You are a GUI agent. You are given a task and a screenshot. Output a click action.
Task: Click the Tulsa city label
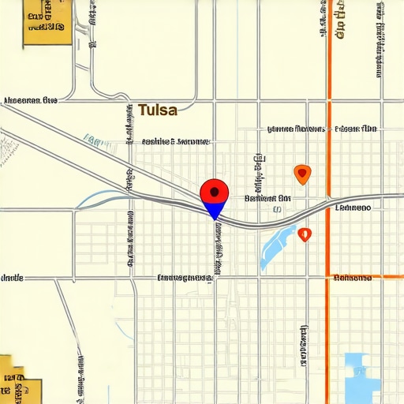158,110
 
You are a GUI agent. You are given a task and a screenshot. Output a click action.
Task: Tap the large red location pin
214,192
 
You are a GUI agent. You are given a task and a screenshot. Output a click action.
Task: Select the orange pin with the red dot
301,174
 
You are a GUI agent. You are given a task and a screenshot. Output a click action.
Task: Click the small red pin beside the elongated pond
305,234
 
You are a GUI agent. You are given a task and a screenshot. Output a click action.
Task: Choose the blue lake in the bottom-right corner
362,377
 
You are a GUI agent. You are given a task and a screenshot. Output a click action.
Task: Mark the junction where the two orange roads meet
328,276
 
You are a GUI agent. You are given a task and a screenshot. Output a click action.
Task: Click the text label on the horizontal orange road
364,278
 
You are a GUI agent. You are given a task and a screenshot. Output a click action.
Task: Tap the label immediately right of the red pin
267,199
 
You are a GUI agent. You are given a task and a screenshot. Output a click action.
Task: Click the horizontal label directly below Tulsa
175,142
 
